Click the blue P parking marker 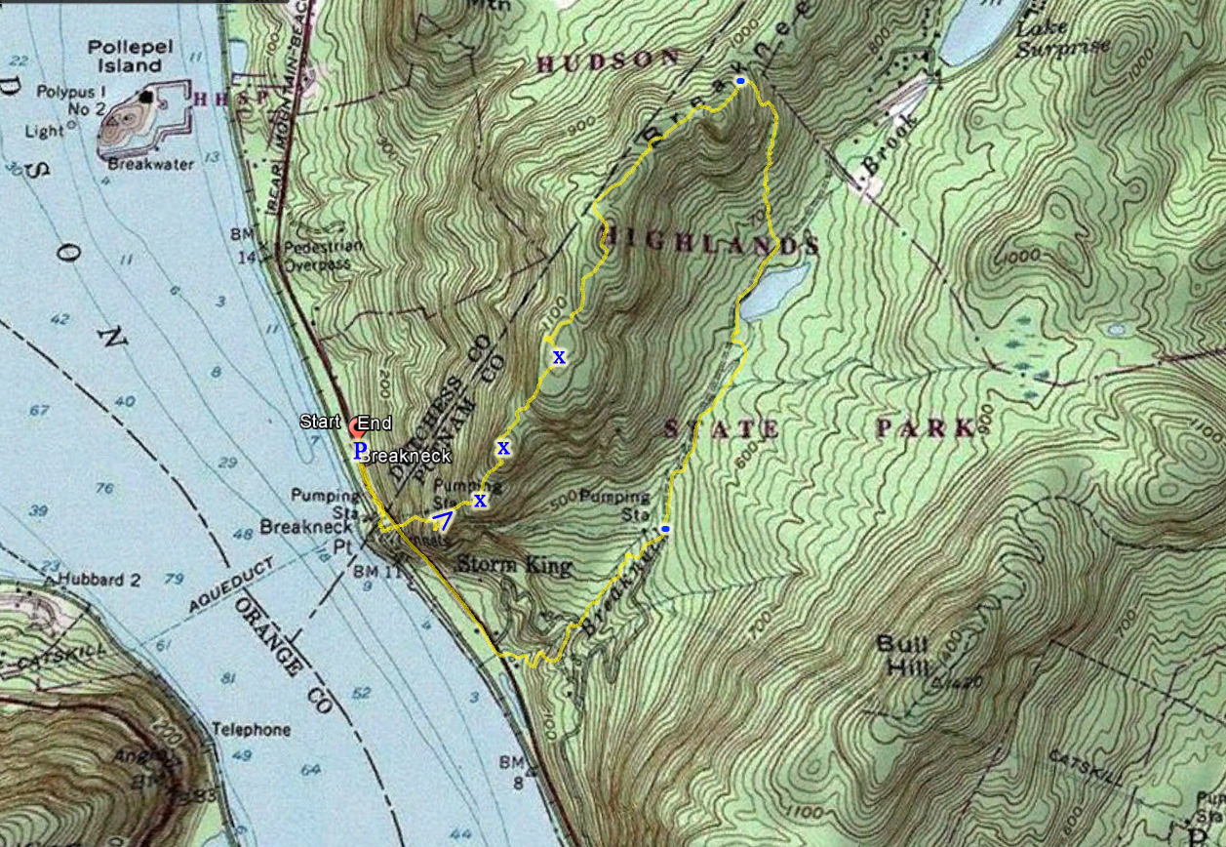[359, 450]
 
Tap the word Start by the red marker [320, 423]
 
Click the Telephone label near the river [252, 730]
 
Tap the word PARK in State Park [926, 428]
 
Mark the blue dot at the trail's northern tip [740, 81]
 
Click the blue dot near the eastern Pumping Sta [665, 529]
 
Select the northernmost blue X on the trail [559, 357]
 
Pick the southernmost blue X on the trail [480, 501]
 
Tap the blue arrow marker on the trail [442, 518]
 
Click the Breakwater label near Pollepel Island [150, 165]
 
